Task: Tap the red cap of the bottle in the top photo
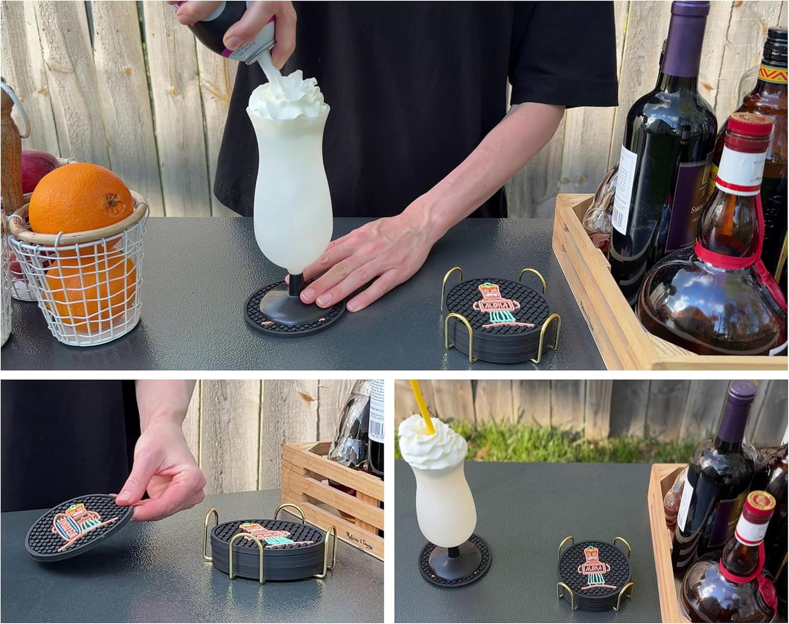(x=751, y=126)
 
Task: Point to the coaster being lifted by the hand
(x=76, y=527)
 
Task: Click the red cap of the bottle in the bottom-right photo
(x=761, y=502)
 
